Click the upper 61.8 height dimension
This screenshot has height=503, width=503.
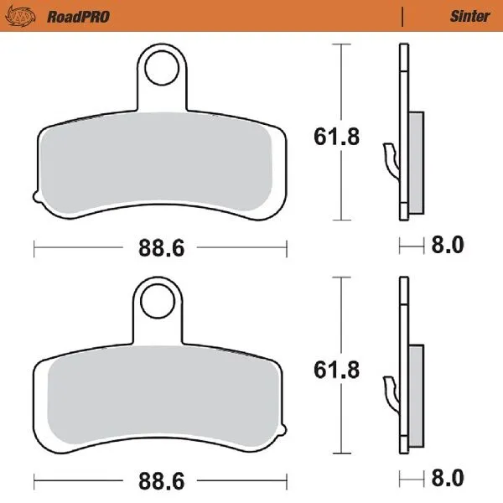338,136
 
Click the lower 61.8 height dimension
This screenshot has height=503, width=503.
338,366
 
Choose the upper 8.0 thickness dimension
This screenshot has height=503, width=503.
447,246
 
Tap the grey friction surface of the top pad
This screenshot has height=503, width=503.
159,168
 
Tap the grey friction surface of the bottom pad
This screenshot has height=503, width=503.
159,399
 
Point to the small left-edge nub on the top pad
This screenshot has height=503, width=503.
36,197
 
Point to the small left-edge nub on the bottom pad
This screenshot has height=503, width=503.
36,428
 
